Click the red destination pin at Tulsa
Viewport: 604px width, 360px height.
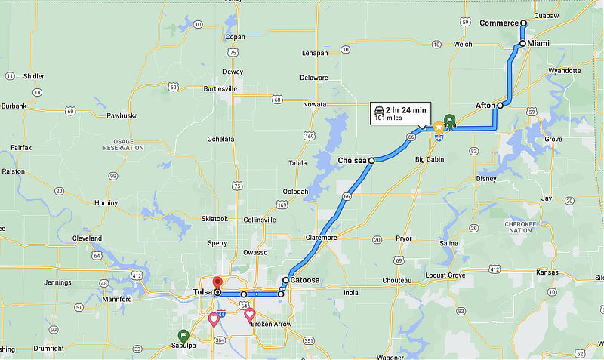click(x=217, y=283)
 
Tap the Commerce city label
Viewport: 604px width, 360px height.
click(x=499, y=23)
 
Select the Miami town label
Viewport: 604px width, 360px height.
click(x=538, y=44)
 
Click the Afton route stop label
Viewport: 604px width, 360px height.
click(x=485, y=105)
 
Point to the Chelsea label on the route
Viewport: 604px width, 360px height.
click(x=352, y=160)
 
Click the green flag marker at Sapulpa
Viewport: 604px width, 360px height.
click(x=183, y=335)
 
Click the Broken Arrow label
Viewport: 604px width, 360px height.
click(x=271, y=324)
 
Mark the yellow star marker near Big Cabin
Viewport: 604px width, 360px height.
click(x=438, y=127)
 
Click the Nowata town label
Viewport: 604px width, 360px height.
click(x=313, y=104)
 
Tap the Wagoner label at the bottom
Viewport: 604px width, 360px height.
click(x=411, y=357)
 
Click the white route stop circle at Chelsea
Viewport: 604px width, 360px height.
click(x=371, y=161)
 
